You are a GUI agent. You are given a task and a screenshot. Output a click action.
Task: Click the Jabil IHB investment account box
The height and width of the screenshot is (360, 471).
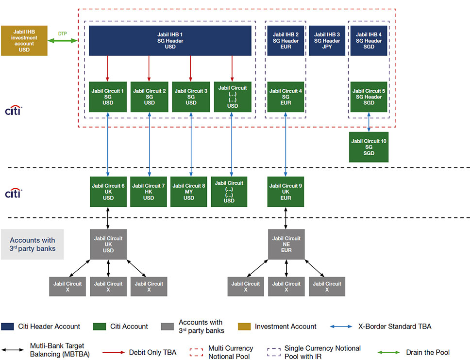coord(24,40)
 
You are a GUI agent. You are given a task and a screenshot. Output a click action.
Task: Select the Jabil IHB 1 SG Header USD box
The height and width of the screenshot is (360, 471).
coord(170,41)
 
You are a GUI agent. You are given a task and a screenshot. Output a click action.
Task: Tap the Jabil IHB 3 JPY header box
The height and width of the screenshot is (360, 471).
coord(327,41)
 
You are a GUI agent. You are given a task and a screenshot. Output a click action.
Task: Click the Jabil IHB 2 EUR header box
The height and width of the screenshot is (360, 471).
coord(286,41)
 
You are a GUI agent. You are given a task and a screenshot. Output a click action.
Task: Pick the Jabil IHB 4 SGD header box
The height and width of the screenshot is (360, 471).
coord(369,41)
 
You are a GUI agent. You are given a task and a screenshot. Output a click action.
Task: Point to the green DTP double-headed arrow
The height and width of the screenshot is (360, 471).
coord(63,40)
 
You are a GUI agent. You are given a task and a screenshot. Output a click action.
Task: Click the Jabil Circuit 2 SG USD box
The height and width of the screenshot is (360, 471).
coord(150,97)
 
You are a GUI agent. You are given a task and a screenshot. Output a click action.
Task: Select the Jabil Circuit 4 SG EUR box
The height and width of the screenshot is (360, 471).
coord(286,97)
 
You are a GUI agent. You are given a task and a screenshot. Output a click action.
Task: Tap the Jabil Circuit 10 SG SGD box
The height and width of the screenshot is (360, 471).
coord(369,147)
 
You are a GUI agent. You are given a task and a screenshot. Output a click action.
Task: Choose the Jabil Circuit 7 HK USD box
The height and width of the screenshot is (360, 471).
coord(149,192)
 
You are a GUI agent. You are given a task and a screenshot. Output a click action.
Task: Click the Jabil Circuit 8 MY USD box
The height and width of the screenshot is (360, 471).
coord(189,192)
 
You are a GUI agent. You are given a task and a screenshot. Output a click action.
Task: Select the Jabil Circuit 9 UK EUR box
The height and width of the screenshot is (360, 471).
coord(286,192)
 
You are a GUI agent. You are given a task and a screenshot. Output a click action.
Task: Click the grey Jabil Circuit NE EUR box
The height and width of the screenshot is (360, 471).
coord(286,244)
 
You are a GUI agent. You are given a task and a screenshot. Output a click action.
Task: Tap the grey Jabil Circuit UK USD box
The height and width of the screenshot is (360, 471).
coord(108,244)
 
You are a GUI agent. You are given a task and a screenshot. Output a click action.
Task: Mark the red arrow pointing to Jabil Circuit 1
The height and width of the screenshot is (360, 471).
coord(108,68)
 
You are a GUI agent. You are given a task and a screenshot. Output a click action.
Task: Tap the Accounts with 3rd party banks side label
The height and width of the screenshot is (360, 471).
coord(33,244)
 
